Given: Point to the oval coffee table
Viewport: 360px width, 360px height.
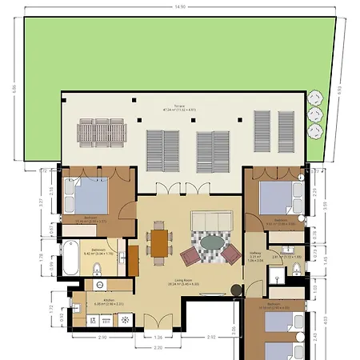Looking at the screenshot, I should point(212,242).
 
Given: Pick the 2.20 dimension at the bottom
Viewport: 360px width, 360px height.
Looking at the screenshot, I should point(158,349).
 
